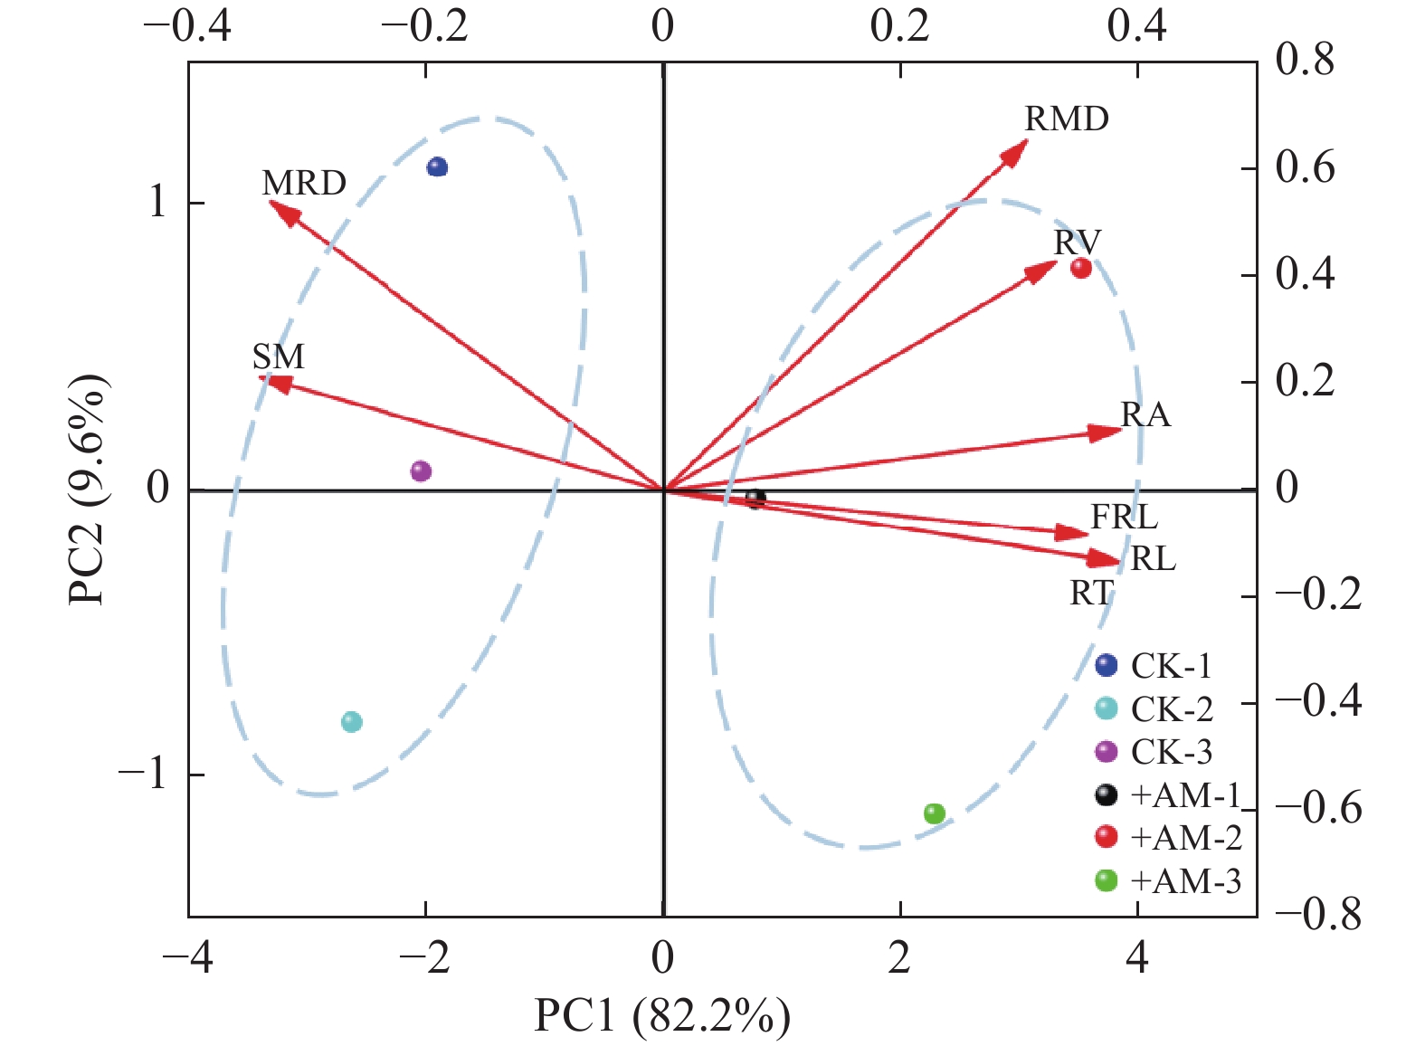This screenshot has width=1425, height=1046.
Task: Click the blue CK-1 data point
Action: [x=438, y=166]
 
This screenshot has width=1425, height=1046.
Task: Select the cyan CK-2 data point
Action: [x=352, y=722]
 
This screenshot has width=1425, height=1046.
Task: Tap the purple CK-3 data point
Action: [x=421, y=471]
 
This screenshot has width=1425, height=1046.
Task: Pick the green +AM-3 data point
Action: [x=935, y=813]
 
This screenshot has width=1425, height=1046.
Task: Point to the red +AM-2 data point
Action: [x=1081, y=268]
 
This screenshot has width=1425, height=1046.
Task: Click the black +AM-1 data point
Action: [x=755, y=498]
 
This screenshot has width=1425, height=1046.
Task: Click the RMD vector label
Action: [x=1067, y=119]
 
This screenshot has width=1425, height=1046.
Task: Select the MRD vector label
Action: [x=304, y=184]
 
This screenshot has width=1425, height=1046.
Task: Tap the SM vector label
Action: [x=279, y=357]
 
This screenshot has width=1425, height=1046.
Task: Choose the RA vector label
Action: [x=1145, y=415]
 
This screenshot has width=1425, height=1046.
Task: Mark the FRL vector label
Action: [x=1124, y=518]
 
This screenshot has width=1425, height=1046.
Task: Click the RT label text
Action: [x=1091, y=594]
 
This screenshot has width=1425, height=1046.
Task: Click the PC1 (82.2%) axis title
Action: [x=662, y=1017]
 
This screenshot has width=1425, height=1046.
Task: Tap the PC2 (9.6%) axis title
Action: [x=89, y=489]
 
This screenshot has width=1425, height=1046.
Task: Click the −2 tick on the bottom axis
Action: [x=424, y=958]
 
